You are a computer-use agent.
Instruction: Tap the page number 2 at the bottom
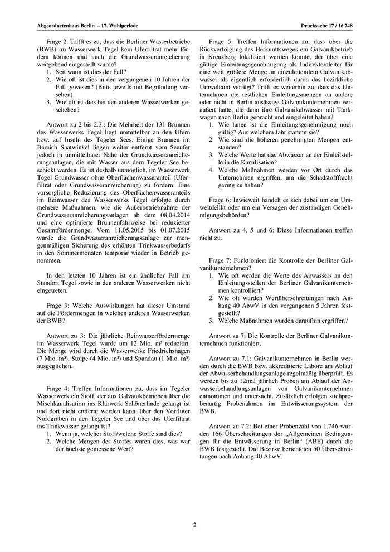tap(195, 524)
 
